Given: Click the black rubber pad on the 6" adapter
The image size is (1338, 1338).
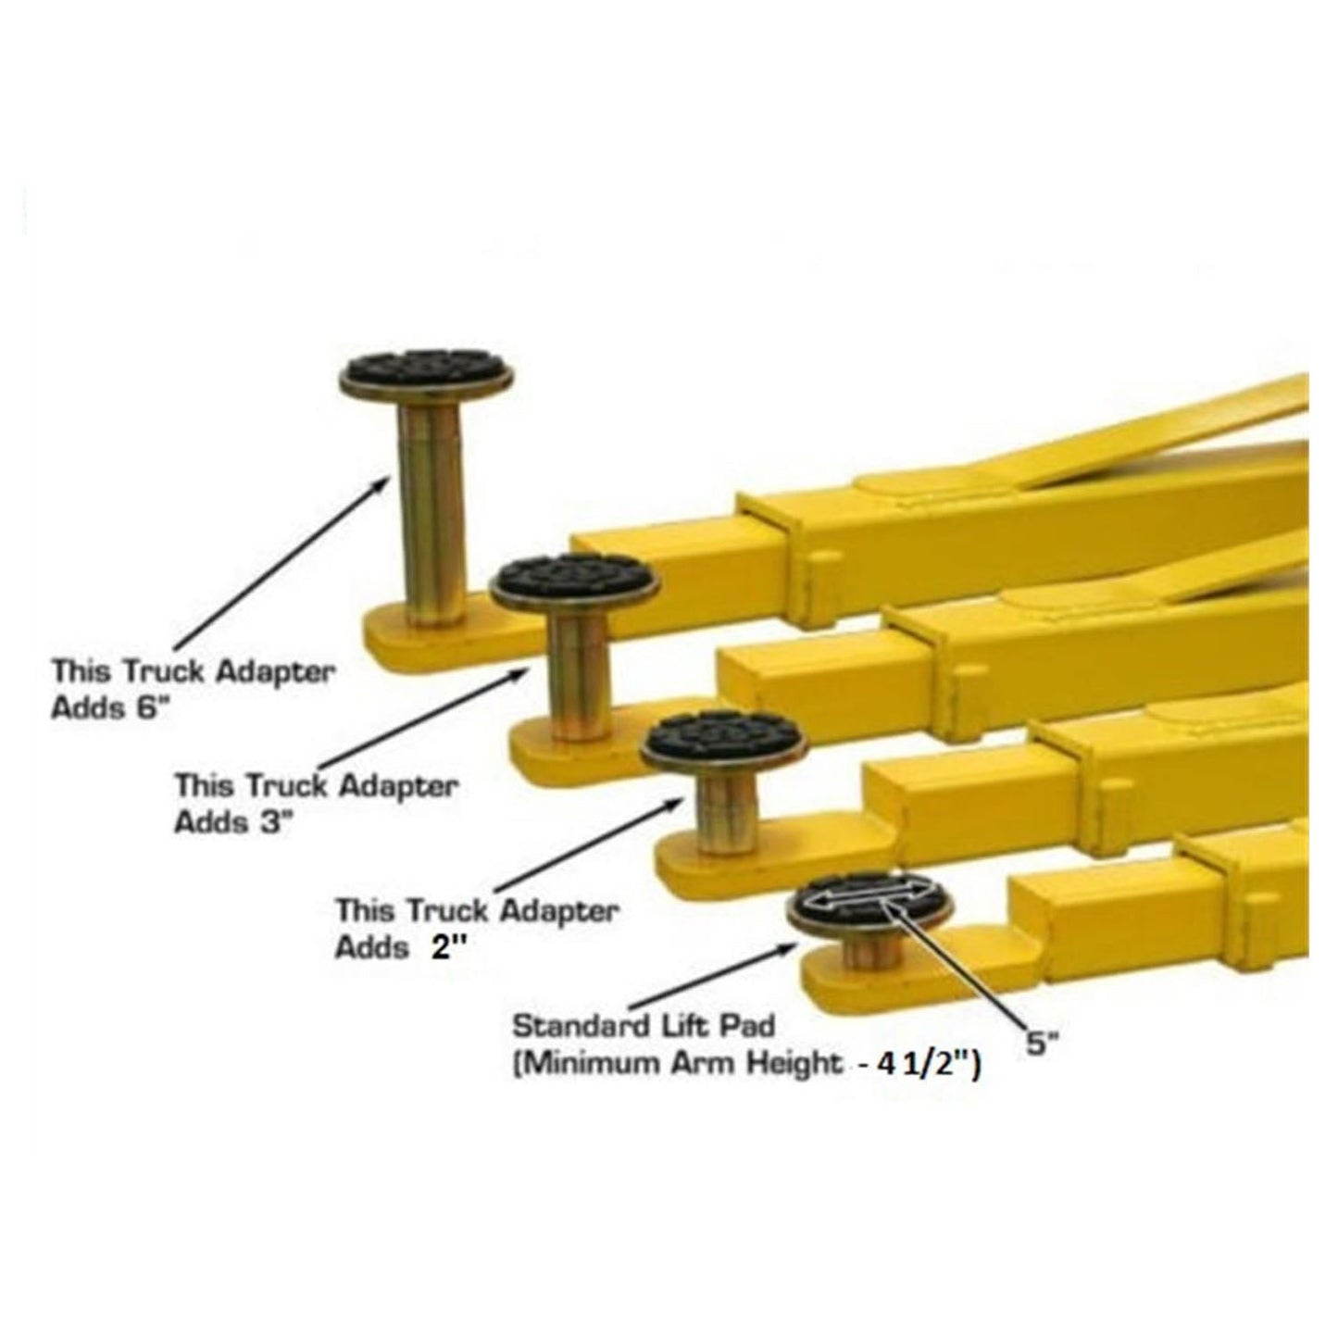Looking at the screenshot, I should click(x=426, y=368).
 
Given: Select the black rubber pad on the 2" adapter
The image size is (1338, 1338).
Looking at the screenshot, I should click(x=724, y=736).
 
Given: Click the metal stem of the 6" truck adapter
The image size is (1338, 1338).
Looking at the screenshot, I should click(x=431, y=519).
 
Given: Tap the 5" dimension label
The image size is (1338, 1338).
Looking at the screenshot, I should click(x=1042, y=1044).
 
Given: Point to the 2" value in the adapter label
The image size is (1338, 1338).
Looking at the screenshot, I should click(x=444, y=948).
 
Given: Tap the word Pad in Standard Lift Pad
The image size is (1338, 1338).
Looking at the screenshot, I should click(x=749, y=1027).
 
